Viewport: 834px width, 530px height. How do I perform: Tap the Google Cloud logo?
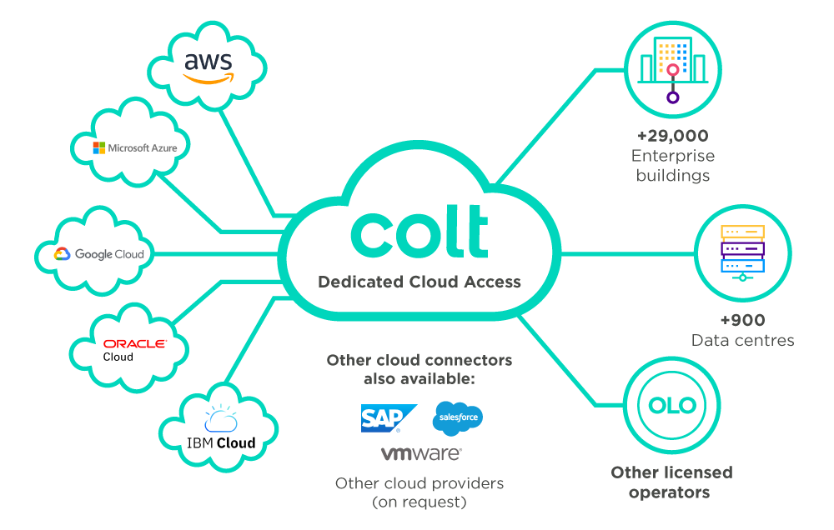click(x=99, y=254)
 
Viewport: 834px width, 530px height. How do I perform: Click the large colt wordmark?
click(x=420, y=233)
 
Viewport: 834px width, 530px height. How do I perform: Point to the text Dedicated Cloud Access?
click(x=420, y=282)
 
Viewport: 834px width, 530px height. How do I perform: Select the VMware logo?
click(x=421, y=454)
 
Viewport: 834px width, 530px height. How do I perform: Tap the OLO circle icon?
click(x=672, y=406)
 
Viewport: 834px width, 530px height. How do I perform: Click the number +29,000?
click(x=672, y=136)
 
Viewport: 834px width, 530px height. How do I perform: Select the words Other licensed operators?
click(x=672, y=482)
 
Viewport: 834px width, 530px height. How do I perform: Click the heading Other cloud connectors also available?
click(x=420, y=370)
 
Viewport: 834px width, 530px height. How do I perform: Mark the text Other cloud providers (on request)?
click(x=420, y=492)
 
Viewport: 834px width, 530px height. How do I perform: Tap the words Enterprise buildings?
click(x=672, y=166)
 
